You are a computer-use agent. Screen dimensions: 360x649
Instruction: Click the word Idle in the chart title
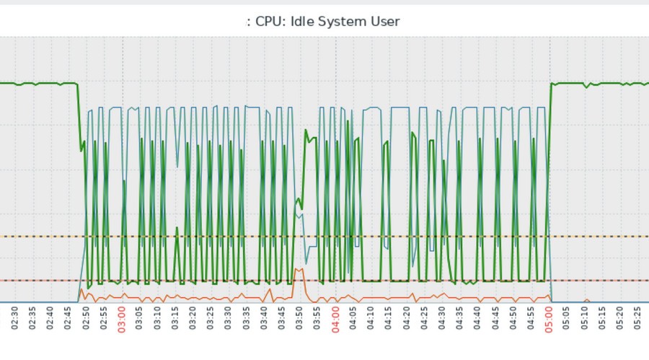[x=303, y=22]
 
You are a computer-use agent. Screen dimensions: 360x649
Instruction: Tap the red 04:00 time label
[x=335, y=318]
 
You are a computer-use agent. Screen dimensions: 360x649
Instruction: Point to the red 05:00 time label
[x=548, y=318]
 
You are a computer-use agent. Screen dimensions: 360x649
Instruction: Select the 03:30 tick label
[x=228, y=318]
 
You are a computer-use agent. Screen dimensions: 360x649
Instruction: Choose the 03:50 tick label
[x=299, y=318]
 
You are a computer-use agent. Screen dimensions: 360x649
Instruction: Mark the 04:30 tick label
[x=441, y=318]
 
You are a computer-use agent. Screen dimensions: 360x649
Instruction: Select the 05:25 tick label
[x=637, y=318]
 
